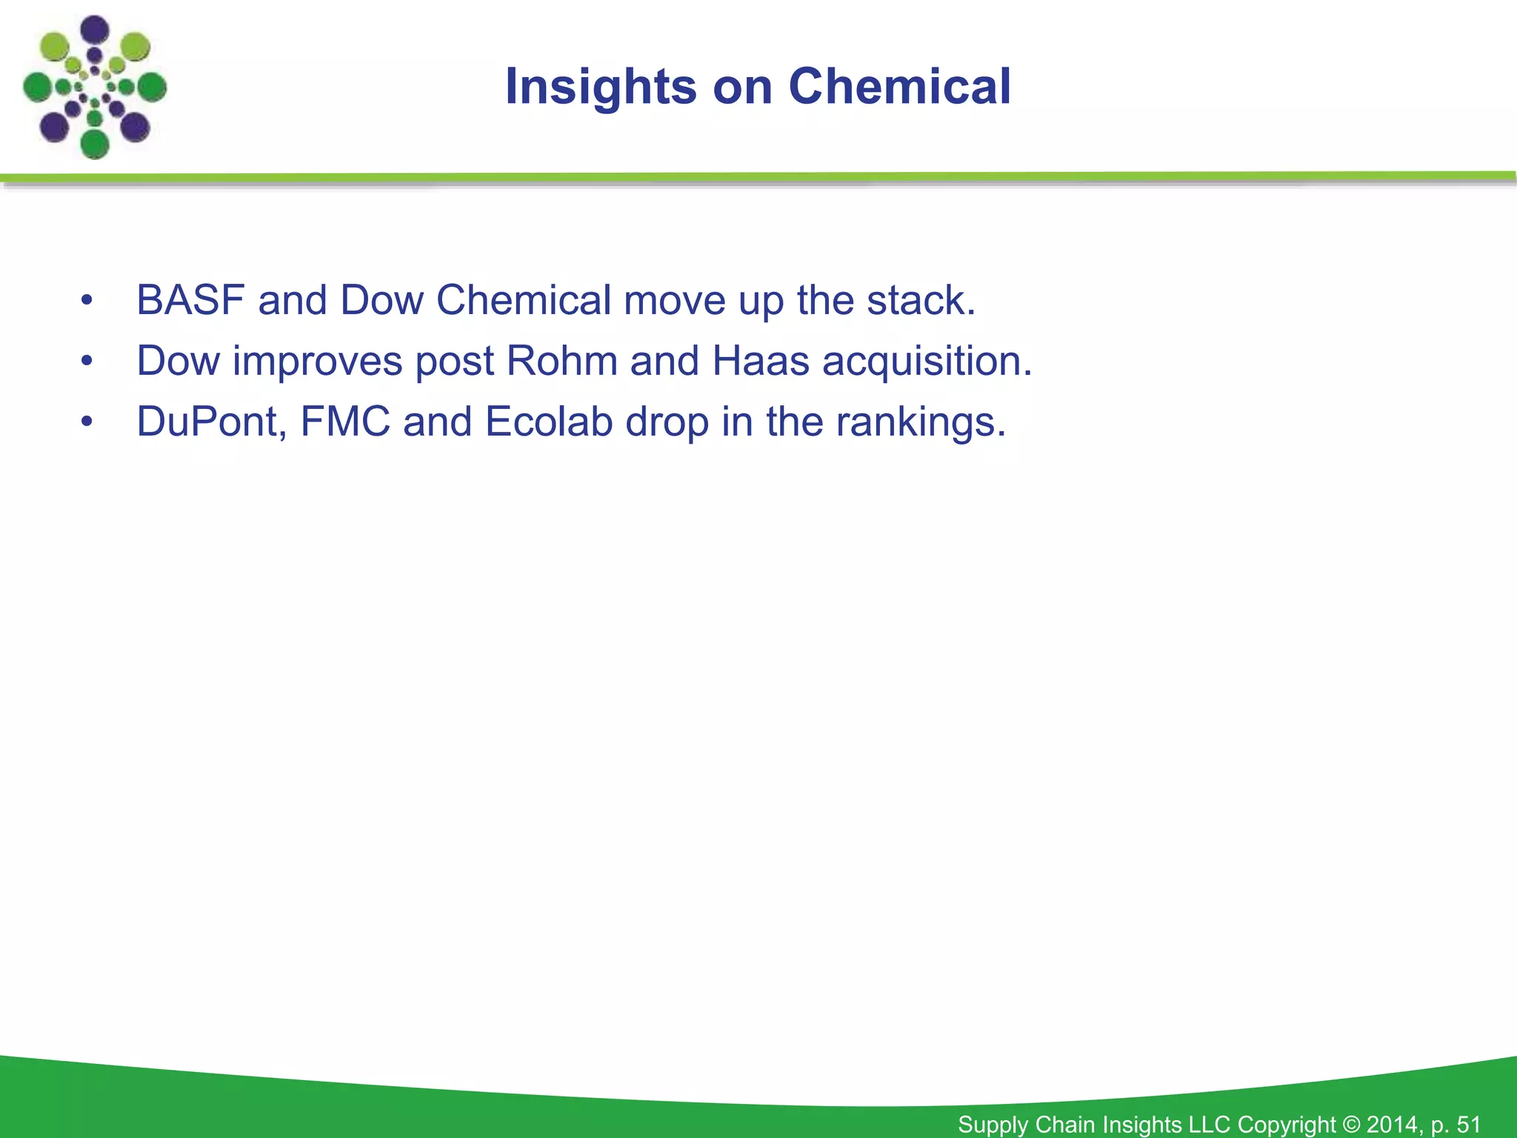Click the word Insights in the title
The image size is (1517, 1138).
600,87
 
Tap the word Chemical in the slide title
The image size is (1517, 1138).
899,87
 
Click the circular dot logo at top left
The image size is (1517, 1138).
95,87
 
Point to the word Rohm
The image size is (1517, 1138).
561,361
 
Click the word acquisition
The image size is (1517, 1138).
927,362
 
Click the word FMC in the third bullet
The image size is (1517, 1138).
345,422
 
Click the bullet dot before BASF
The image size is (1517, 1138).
87,301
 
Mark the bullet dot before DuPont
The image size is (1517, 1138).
87,422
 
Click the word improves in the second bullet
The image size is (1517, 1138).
316,362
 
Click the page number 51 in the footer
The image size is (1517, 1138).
1468,1124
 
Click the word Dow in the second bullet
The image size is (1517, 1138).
179,361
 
